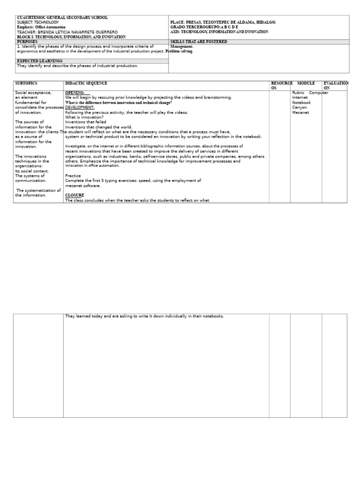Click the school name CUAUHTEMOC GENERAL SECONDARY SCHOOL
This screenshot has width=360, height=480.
(x=62, y=18)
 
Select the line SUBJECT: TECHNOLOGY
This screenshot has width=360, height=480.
(x=38, y=22)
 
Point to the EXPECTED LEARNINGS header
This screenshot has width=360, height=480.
(x=39, y=61)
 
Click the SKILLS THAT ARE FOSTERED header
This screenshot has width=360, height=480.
(x=199, y=42)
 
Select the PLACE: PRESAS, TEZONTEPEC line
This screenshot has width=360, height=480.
(x=223, y=22)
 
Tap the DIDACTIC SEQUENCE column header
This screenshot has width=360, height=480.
(x=86, y=83)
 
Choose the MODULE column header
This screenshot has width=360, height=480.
(x=306, y=83)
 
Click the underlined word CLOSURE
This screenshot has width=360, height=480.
(x=75, y=195)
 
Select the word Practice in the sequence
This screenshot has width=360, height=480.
(x=73, y=176)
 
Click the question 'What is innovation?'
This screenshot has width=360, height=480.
(x=84, y=117)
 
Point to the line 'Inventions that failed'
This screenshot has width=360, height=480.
(x=86, y=122)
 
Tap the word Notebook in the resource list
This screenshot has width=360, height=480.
(x=301, y=103)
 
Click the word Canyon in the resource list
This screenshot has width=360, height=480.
(x=300, y=107)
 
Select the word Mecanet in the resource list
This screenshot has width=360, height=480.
(x=300, y=112)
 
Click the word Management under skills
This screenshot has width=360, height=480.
(x=182, y=47)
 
